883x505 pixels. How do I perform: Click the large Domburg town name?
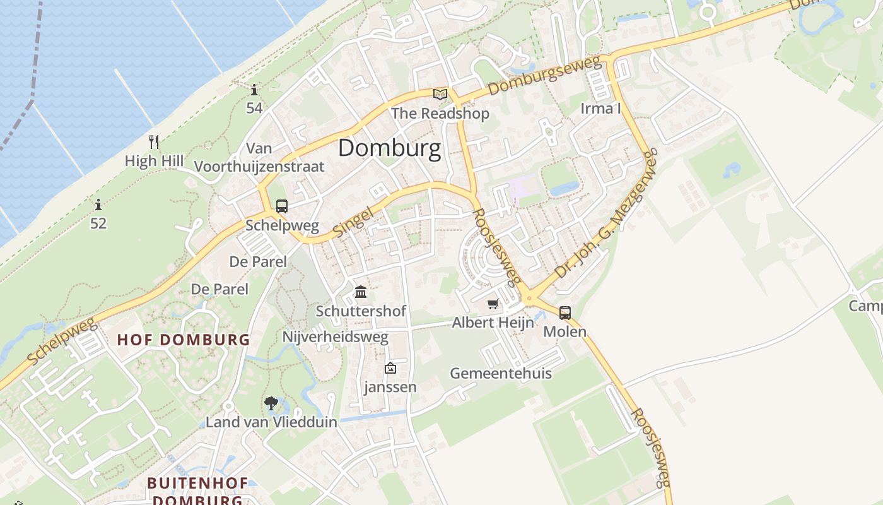(x=389, y=148)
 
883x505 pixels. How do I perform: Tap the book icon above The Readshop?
(x=440, y=95)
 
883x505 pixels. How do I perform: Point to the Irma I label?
(x=600, y=109)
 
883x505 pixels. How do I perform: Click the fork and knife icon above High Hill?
(x=154, y=141)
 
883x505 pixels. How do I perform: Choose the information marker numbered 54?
(x=254, y=90)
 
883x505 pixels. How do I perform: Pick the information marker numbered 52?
(x=98, y=205)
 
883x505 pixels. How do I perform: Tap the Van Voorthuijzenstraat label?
(x=259, y=158)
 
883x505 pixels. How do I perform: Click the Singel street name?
(x=353, y=224)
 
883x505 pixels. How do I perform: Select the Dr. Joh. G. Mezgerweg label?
(x=606, y=215)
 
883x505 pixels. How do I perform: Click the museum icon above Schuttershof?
(x=361, y=292)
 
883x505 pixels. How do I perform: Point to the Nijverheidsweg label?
(x=335, y=337)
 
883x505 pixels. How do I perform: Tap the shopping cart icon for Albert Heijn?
(x=493, y=304)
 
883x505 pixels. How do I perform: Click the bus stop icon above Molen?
(x=564, y=312)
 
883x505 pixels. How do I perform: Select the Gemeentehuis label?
(x=501, y=373)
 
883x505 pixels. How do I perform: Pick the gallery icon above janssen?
(x=390, y=368)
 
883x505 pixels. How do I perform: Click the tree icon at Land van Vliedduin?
(x=271, y=403)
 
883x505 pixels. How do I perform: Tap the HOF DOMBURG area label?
(x=184, y=340)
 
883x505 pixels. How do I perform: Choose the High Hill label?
(x=154, y=161)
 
